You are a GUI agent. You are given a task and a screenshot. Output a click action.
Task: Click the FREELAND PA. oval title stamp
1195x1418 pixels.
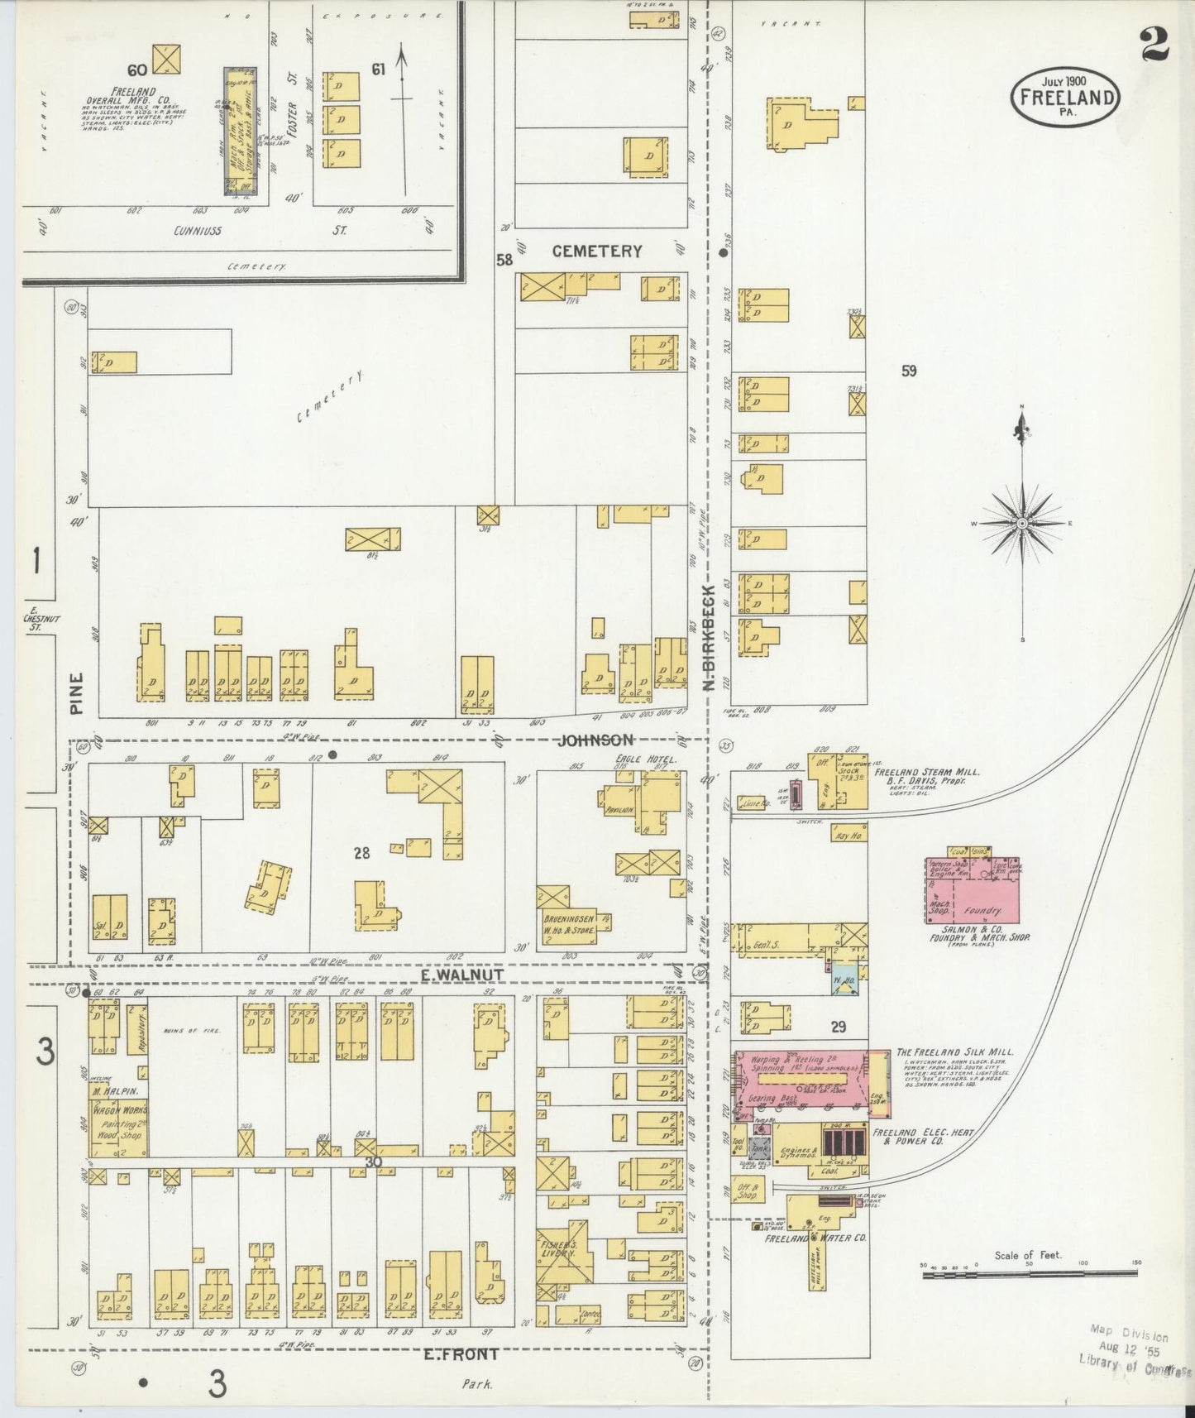click(x=1065, y=96)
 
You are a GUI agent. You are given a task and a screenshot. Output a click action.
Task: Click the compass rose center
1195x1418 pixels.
click(x=1023, y=524)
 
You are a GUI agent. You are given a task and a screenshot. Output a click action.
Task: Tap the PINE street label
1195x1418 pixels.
click(x=77, y=693)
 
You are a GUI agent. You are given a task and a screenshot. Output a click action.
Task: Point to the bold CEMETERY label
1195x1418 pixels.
click(x=596, y=252)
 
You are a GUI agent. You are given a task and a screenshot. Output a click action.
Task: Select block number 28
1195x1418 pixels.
click(x=361, y=852)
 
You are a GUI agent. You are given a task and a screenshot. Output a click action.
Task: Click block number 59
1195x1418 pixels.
click(x=909, y=371)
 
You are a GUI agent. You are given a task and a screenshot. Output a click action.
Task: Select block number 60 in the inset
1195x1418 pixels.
click(x=136, y=68)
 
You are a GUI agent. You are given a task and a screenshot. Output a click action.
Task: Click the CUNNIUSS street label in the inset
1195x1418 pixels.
click(x=198, y=231)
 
